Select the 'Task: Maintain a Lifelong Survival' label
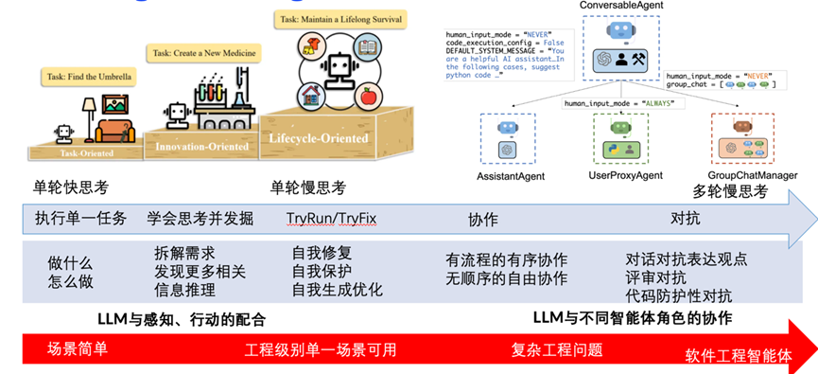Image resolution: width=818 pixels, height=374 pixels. pyautogui.click(x=339, y=19)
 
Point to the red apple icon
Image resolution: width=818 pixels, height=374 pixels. pyautogui.click(x=367, y=96)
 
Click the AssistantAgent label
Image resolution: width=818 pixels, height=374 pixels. pyautogui.click(x=511, y=175)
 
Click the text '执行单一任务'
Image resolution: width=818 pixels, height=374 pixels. pyautogui.click(x=80, y=218)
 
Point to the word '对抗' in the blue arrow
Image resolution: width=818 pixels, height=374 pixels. pyautogui.click(x=685, y=218)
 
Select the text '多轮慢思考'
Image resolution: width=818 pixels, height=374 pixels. pyautogui.click(x=730, y=192)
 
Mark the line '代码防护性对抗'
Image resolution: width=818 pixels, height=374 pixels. pyautogui.click(x=678, y=294)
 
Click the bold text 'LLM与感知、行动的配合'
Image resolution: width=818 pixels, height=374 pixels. pyautogui.click(x=182, y=318)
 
